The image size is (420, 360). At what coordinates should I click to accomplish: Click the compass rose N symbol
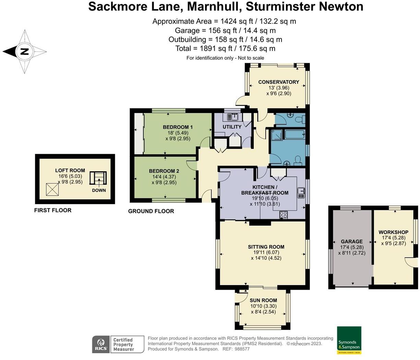point(24,52)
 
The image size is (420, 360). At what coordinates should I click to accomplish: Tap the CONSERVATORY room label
point(278,82)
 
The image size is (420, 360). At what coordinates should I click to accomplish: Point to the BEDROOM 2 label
point(164,171)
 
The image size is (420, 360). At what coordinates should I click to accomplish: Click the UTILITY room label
point(232,127)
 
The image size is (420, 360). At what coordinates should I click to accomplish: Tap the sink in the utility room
point(233,117)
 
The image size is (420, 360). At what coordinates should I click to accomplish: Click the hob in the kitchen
point(284,215)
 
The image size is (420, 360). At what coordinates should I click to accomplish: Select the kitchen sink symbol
point(301,193)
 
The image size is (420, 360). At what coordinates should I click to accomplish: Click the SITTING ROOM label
point(266,247)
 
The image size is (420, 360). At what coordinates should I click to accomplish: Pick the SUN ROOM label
point(263,300)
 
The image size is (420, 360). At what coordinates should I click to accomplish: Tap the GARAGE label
point(351,241)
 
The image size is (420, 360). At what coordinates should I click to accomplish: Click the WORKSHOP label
point(393,232)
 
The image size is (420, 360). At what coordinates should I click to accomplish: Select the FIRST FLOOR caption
point(53,210)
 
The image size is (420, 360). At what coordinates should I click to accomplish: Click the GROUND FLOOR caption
point(151,211)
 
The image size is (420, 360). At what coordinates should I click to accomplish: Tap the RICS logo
point(101,344)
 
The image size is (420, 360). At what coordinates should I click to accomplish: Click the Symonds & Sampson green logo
point(349,340)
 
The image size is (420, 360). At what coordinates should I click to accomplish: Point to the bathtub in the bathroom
point(294,134)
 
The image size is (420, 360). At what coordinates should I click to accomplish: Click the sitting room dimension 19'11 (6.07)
point(266,253)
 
